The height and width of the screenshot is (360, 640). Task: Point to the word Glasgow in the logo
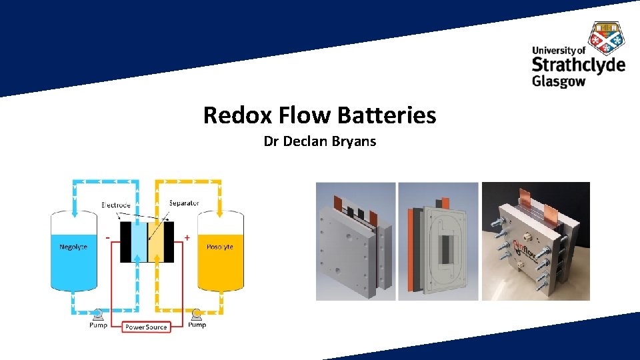[x=559, y=81]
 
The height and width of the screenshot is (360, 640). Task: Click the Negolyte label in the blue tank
[x=73, y=247]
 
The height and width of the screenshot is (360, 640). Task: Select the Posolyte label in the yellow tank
[x=219, y=247]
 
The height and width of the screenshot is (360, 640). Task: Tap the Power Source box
[x=147, y=327]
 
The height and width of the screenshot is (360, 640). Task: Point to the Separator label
[x=184, y=203]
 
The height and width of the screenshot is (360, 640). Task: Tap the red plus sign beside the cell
[x=187, y=237]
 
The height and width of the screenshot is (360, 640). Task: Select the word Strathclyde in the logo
[x=578, y=65]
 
